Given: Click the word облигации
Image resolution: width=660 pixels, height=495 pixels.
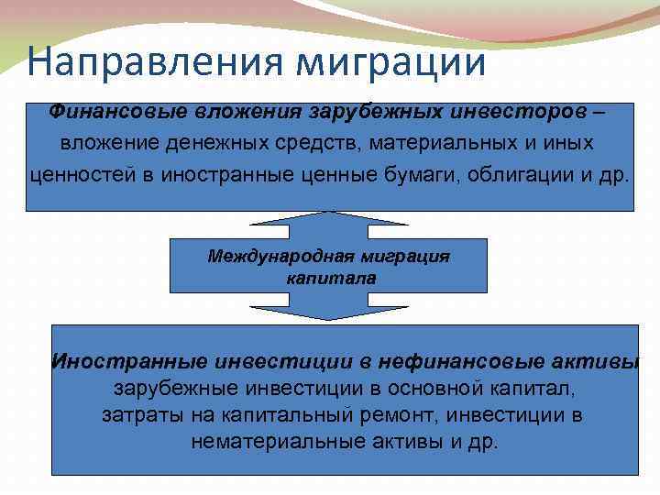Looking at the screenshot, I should tap(525, 175).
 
